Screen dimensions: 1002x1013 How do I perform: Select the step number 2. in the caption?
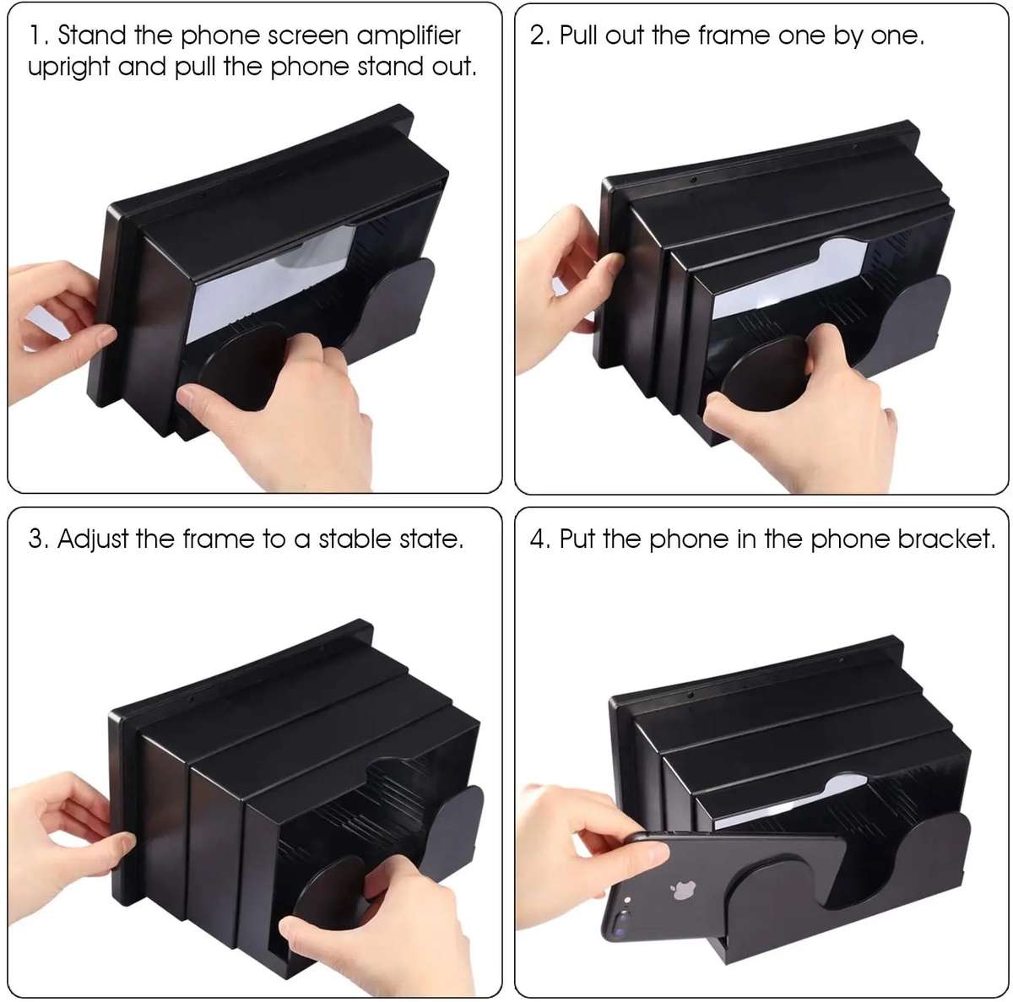(x=540, y=36)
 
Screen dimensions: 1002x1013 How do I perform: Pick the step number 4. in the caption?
(x=540, y=539)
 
